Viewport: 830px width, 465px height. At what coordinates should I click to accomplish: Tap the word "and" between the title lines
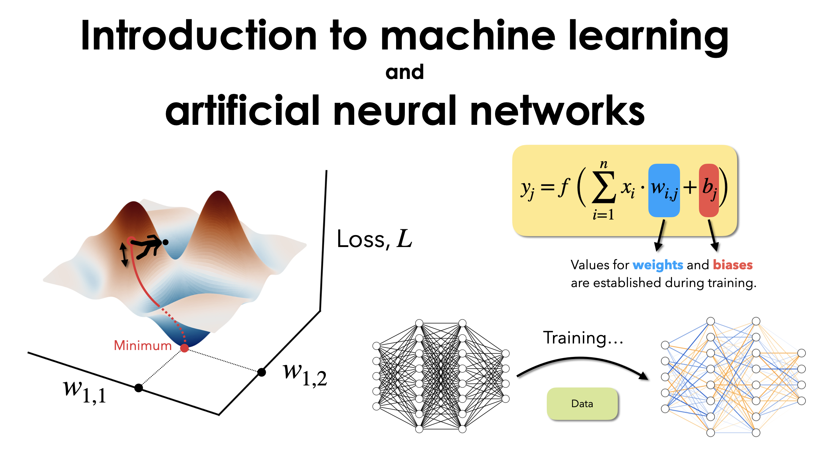click(x=404, y=72)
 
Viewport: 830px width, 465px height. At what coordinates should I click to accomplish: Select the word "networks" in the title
click(x=557, y=111)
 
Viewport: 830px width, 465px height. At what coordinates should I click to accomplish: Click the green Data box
click(x=582, y=404)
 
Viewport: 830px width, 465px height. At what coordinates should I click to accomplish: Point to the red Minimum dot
click(x=185, y=348)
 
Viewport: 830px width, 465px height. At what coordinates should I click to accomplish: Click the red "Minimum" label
click(x=143, y=345)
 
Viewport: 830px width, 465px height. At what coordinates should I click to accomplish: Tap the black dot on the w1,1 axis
click(x=138, y=388)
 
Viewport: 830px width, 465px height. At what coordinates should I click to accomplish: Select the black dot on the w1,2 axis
click(x=261, y=372)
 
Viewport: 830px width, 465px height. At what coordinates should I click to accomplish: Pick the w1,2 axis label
click(x=305, y=375)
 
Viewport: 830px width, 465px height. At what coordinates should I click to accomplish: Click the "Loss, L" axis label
click(x=374, y=239)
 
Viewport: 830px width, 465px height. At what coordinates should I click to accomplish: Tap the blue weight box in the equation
click(x=664, y=190)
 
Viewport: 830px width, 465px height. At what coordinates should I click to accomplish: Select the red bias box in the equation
click(x=709, y=190)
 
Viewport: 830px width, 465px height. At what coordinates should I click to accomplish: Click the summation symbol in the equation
click(x=604, y=187)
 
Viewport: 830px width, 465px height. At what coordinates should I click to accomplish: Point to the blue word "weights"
click(x=657, y=265)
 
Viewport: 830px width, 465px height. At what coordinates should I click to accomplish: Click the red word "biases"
click(x=732, y=265)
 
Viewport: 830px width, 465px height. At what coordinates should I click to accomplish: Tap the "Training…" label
click(x=583, y=338)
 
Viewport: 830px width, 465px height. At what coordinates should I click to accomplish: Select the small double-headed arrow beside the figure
click(x=124, y=254)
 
